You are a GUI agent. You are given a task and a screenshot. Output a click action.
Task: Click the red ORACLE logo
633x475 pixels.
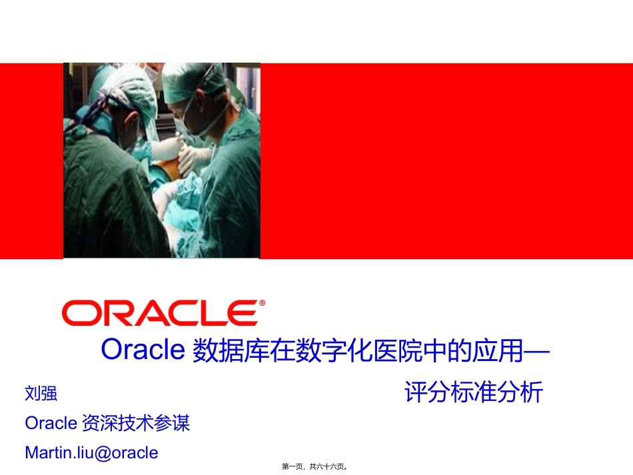tap(160, 313)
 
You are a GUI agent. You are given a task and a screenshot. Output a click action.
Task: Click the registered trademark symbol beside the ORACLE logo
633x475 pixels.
tap(261, 303)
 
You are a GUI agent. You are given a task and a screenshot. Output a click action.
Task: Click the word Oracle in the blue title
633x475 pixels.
tap(142, 349)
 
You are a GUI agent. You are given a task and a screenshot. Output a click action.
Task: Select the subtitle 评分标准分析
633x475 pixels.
tap(473, 392)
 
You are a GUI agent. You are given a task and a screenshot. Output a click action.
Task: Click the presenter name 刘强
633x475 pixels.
tap(41, 394)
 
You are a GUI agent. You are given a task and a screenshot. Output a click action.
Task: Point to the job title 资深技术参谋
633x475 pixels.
tap(135, 423)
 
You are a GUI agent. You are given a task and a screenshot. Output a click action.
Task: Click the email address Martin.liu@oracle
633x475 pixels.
tap(91, 453)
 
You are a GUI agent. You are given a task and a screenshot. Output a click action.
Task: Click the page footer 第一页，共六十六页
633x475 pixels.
tap(316, 468)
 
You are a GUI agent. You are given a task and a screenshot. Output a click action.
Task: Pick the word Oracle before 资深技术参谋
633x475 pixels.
tap(51, 423)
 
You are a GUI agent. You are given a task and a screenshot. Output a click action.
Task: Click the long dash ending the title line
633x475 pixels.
tap(538, 350)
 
